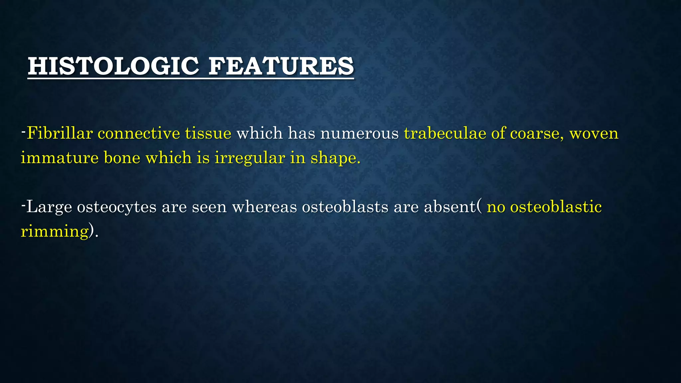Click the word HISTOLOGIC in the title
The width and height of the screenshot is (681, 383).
(x=113, y=66)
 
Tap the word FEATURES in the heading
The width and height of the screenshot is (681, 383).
(x=281, y=66)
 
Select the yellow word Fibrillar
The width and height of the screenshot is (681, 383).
(x=60, y=133)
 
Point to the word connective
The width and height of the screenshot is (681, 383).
(x=139, y=133)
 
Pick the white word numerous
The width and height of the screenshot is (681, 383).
(x=359, y=133)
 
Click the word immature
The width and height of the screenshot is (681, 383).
(x=60, y=158)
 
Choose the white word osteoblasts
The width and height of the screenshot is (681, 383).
(x=345, y=207)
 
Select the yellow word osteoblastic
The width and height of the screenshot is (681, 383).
(x=556, y=207)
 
